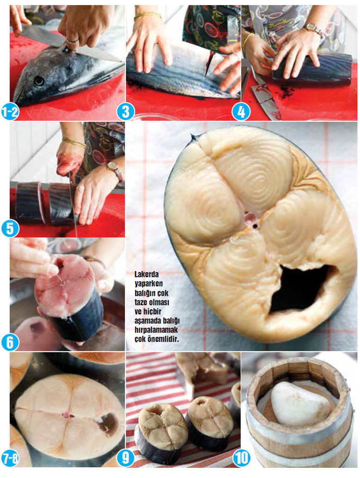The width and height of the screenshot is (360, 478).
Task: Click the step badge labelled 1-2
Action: pos(10,112)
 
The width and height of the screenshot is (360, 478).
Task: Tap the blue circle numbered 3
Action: pos(125,112)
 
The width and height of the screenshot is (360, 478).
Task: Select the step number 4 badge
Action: pos(241,112)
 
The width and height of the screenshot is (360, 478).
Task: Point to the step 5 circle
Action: pos(10,228)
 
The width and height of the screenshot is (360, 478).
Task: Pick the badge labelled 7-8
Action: pos(10,458)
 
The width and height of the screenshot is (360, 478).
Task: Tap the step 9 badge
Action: pos(125,458)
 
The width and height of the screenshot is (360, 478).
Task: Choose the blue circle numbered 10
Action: pos(241,458)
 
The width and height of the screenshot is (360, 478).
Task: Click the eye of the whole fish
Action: pos(39,80)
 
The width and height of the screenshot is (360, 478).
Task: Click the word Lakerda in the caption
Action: pos(146,274)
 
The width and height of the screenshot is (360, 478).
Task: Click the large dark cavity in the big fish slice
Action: pos(301,288)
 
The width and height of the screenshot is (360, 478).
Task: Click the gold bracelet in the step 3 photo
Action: pos(147,14)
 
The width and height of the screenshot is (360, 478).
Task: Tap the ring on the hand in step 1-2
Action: pos(72,41)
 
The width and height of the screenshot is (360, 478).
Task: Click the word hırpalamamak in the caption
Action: pos(156,330)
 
